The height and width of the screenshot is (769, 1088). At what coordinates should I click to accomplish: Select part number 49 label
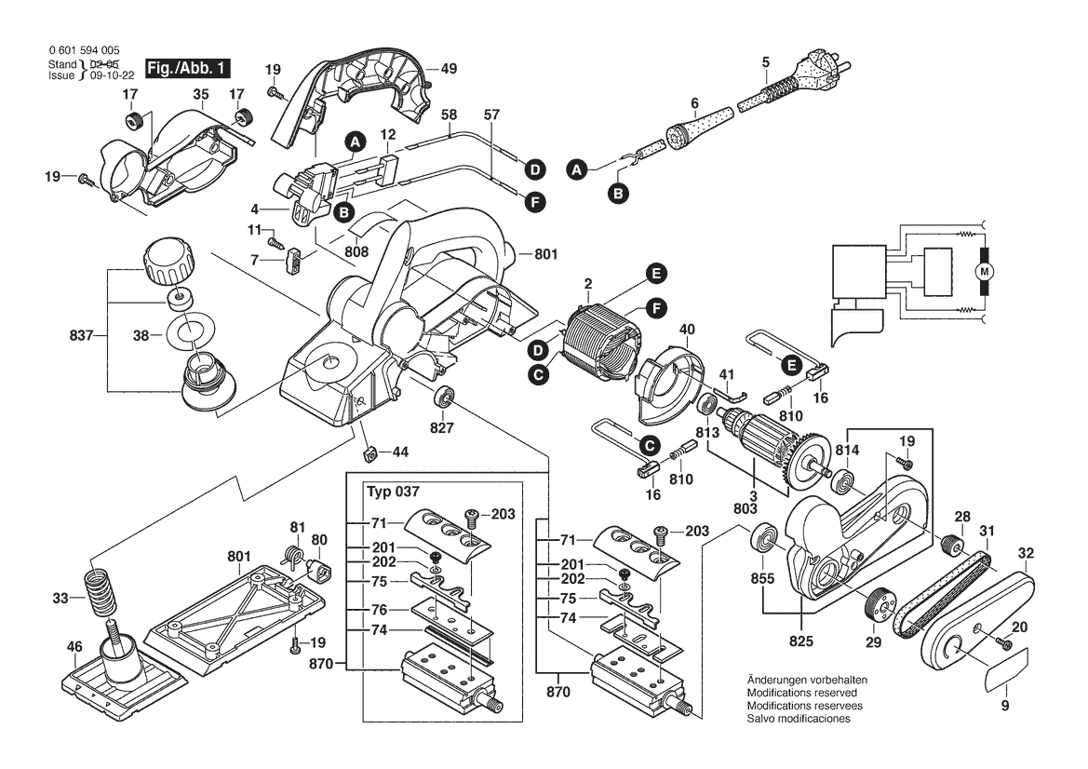[449, 68]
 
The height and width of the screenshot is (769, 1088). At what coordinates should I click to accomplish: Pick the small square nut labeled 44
[368, 452]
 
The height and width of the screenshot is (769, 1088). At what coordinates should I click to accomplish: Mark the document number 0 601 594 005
[83, 50]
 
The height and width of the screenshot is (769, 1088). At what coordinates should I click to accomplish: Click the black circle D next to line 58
[534, 169]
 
